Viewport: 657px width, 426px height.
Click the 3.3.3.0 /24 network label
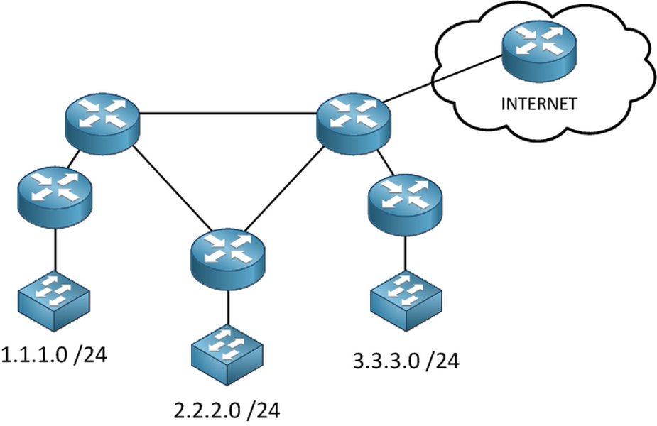(x=406, y=361)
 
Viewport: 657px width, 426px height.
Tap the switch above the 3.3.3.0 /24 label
(x=406, y=302)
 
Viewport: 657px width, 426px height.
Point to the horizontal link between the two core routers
(x=227, y=113)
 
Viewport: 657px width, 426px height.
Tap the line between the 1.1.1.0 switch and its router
(x=55, y=248)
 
